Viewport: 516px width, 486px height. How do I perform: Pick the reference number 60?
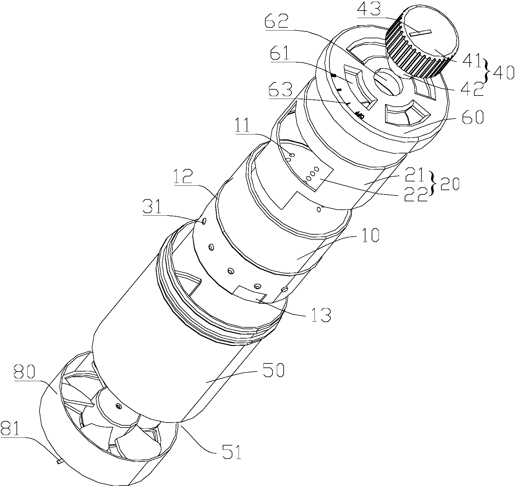pyautogui.click(x=472, y=118)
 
